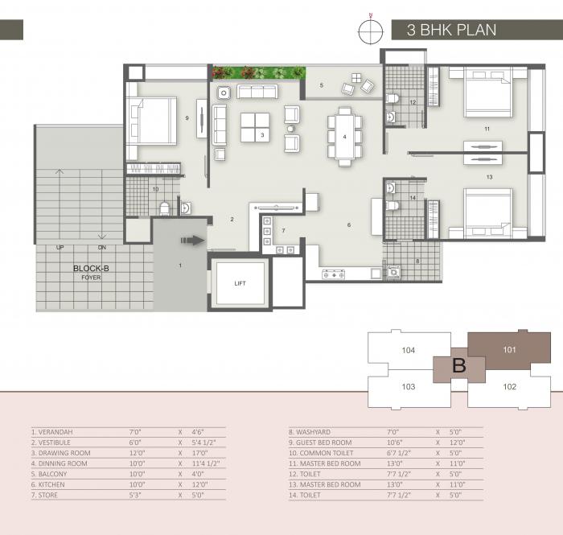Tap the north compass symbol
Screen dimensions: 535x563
370,29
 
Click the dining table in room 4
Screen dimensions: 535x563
344,136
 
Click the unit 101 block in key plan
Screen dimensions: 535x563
509,350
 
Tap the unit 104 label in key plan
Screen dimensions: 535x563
409,351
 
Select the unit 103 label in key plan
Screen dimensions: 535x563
409,387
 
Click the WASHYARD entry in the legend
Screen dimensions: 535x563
310,432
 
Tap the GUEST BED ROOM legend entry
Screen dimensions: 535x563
320,442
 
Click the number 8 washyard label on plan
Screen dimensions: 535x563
417,261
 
